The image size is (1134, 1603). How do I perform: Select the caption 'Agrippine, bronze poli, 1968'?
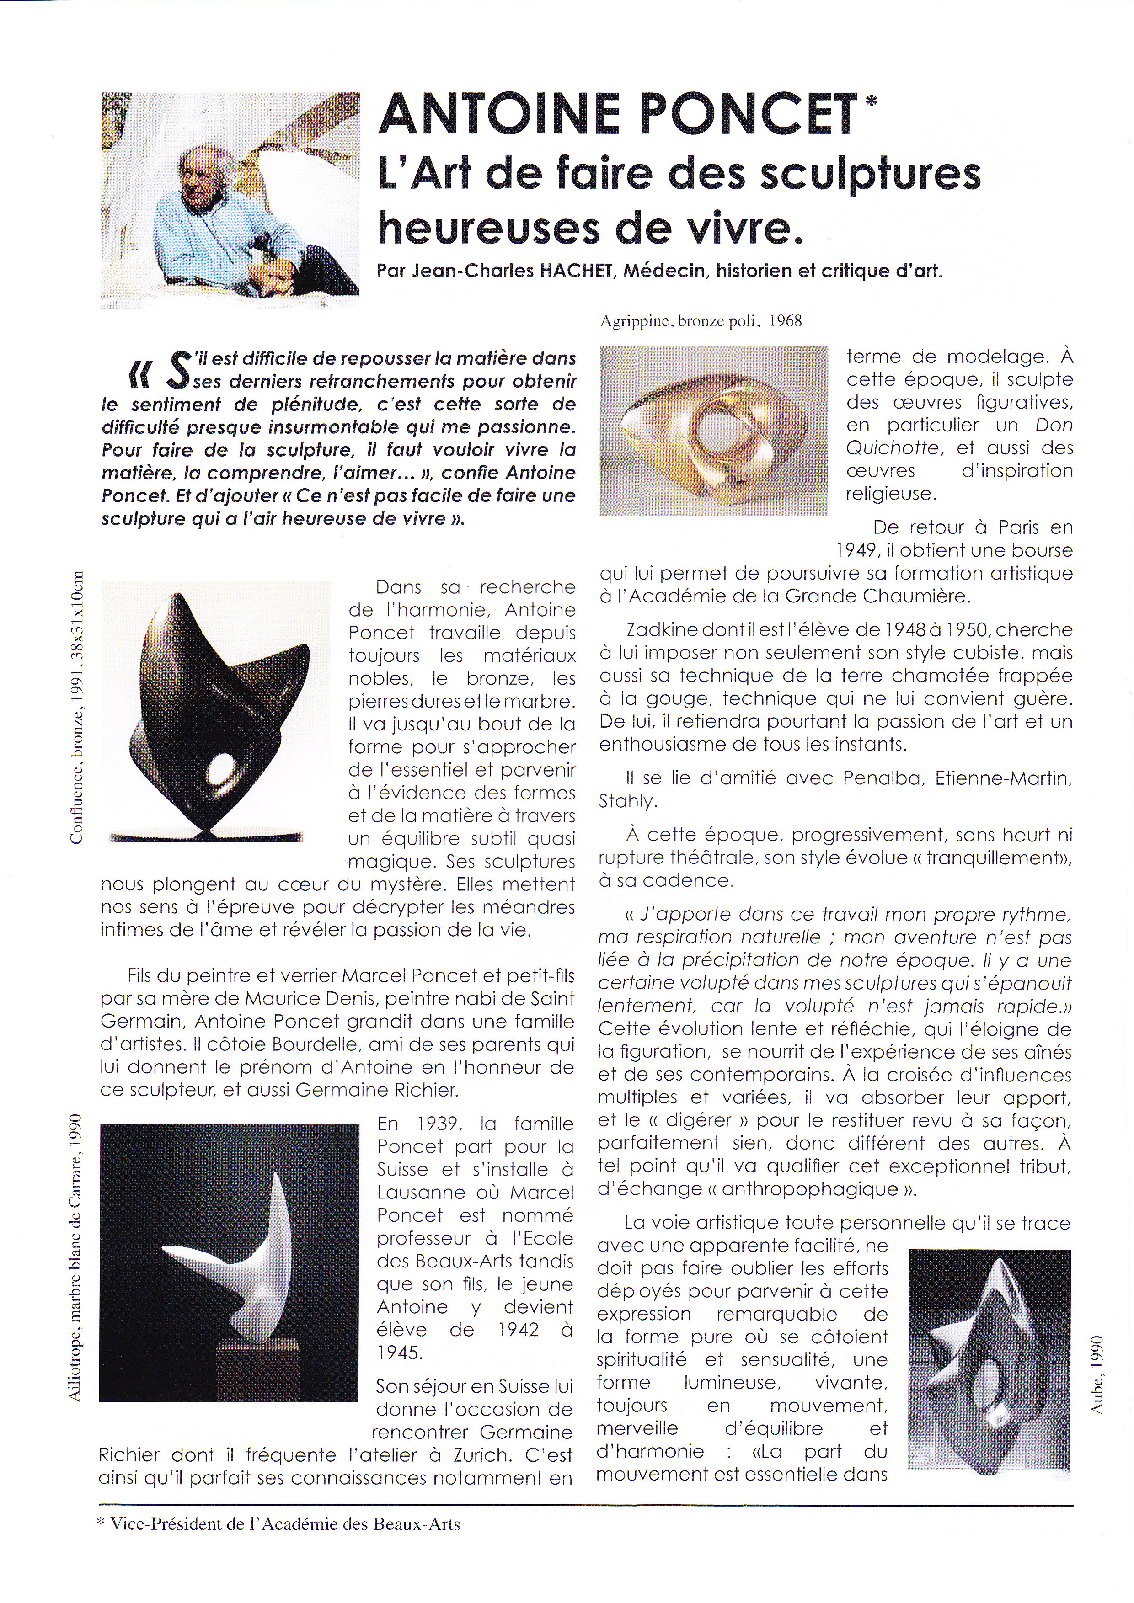pos(701,321)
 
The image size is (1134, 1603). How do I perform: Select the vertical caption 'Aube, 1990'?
pos(1097,1375)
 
